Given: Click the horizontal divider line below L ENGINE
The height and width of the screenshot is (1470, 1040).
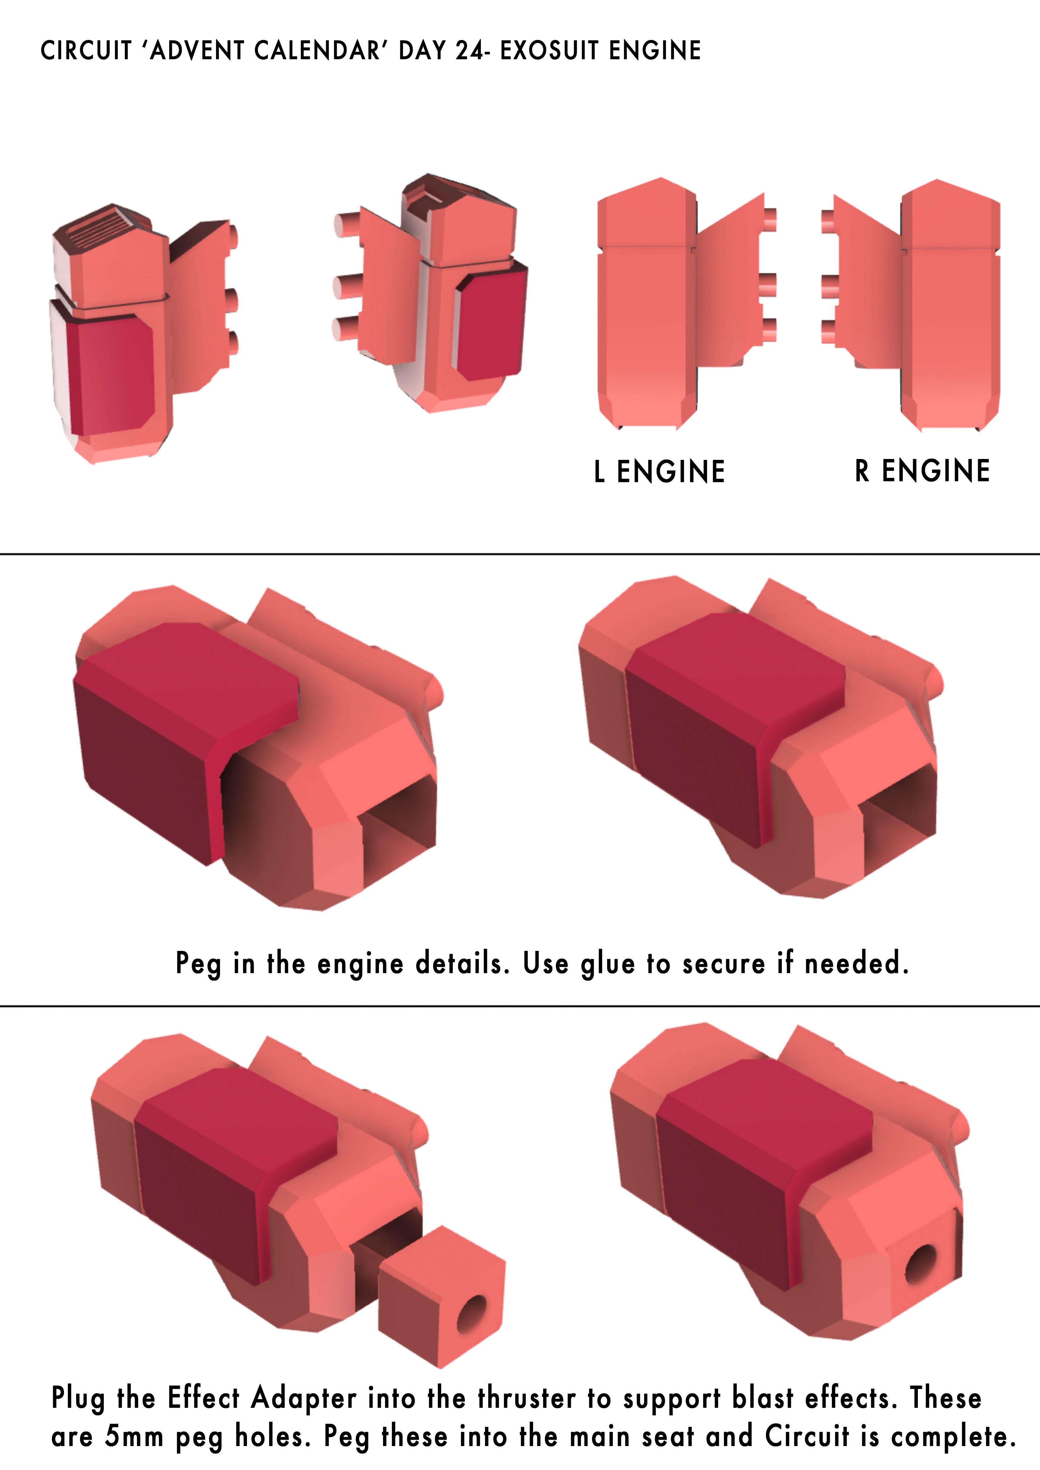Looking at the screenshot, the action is pyautogui.click(x=520, y=553).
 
